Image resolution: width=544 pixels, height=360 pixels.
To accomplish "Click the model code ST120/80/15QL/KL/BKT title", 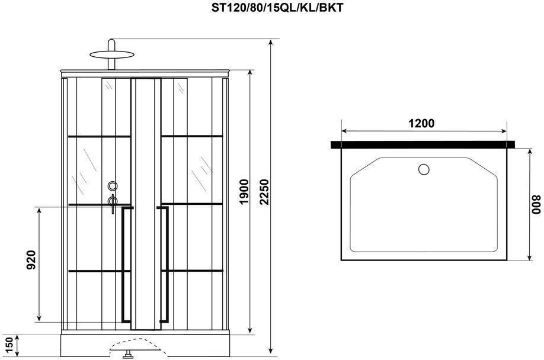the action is tap(277, 7).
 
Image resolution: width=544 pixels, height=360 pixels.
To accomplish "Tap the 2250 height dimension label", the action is tap(265, 192).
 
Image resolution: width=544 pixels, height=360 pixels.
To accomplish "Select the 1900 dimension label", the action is tap(244, 192).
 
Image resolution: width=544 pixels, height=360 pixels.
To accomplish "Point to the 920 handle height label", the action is tap(31, 260).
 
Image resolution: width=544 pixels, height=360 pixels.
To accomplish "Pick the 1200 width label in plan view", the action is tap(421, 123).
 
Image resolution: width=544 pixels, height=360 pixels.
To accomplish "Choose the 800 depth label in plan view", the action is tap(536, 205).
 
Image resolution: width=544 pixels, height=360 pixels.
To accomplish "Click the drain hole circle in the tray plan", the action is tap(424, 169).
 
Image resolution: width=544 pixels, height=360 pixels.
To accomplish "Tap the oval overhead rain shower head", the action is tap(112, 54).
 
